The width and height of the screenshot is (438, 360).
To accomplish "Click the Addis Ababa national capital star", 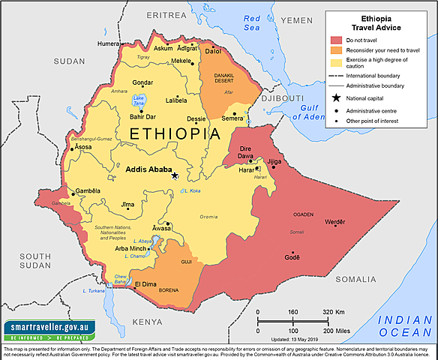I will click(175, 175).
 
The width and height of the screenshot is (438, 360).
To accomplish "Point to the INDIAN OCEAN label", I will click(406, 325).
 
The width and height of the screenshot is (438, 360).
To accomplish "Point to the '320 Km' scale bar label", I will click(334, 311).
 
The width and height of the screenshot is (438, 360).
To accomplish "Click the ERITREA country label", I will click(166, 14).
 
